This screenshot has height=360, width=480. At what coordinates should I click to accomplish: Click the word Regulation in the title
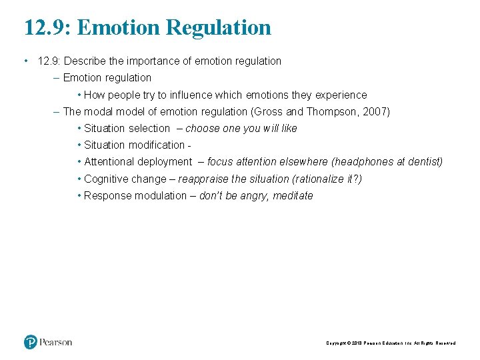point(219,28)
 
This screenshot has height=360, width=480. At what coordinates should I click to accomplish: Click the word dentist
point(425,161)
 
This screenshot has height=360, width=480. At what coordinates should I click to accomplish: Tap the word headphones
point(364,161)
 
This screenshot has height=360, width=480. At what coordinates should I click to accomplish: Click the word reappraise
point(203,179)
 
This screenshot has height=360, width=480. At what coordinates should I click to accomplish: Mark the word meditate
point(293,195)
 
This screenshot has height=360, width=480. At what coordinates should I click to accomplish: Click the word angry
point(254,195)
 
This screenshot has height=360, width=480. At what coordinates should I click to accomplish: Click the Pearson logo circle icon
point(31,342)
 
